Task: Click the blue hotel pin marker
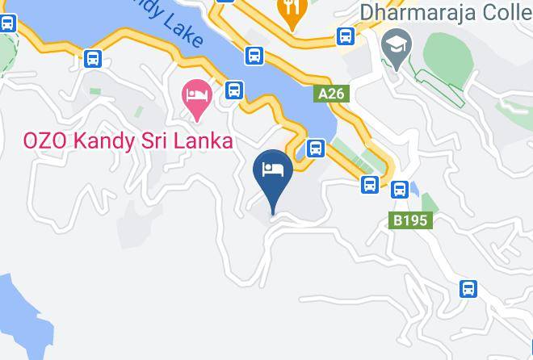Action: [x=273, y=171]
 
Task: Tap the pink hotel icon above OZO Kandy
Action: [x=197, y=94]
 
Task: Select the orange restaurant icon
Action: [x=288, y=10]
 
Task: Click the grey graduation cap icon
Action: [x=396, y=43]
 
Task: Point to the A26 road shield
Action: [x=331, y=94]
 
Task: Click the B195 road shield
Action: [x=412, y=220]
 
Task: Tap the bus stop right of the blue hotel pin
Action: [x=316, y=148]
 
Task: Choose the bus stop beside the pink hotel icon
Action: [x=234, y=90]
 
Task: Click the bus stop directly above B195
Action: [x=399, y=190]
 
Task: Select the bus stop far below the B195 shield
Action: [x=468, y=288]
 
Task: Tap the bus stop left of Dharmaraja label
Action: [x=346, y=36]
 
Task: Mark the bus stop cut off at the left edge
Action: [x=6, y=22]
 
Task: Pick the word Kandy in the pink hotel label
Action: [x=102, y=140]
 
